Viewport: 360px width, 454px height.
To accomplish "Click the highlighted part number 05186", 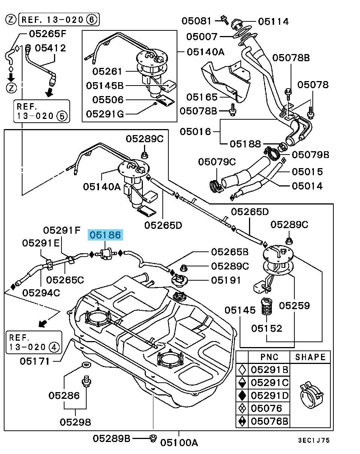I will coord(105,235).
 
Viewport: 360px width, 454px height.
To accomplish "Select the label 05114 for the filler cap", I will coord(273,21).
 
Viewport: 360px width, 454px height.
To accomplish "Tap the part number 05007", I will coord(202,36).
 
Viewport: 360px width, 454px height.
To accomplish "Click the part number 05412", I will coord(50,48).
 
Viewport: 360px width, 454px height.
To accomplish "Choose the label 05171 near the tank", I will coord(35,361).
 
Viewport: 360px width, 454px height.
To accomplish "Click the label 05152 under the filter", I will coord(267,328).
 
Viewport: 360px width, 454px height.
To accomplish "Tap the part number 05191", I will coord(226,280).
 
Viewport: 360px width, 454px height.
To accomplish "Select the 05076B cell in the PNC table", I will coord(270,421).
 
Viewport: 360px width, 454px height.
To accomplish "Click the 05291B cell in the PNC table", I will coord(270,370).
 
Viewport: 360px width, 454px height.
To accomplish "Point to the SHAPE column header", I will coord(310,357).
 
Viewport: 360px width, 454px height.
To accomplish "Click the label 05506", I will coord(108,100).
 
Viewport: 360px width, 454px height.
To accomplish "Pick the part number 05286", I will coord(64,395).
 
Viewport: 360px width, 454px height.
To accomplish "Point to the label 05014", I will coord(307,186).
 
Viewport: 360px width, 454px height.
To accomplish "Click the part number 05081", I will coord(196,21).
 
